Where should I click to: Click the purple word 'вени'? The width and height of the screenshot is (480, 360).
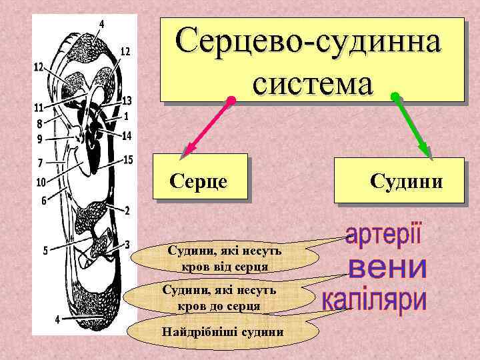[x=387, y=268]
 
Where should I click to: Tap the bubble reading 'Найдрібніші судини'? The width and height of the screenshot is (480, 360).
[x=223, y=332]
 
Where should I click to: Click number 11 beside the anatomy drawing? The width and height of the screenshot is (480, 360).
[x=39, y=107]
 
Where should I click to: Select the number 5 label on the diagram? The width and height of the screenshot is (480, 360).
[x=46, y=251]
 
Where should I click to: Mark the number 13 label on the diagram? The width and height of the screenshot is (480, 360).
[x=127, y=101]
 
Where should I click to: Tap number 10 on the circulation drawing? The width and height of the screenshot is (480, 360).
[x=40, y=181]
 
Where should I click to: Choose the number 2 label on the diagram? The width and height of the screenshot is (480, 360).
[x=127, y=210]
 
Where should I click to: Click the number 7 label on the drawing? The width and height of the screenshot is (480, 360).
[x=41, y=163]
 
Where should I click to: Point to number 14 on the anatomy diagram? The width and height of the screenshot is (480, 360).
[x=127, y=136]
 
